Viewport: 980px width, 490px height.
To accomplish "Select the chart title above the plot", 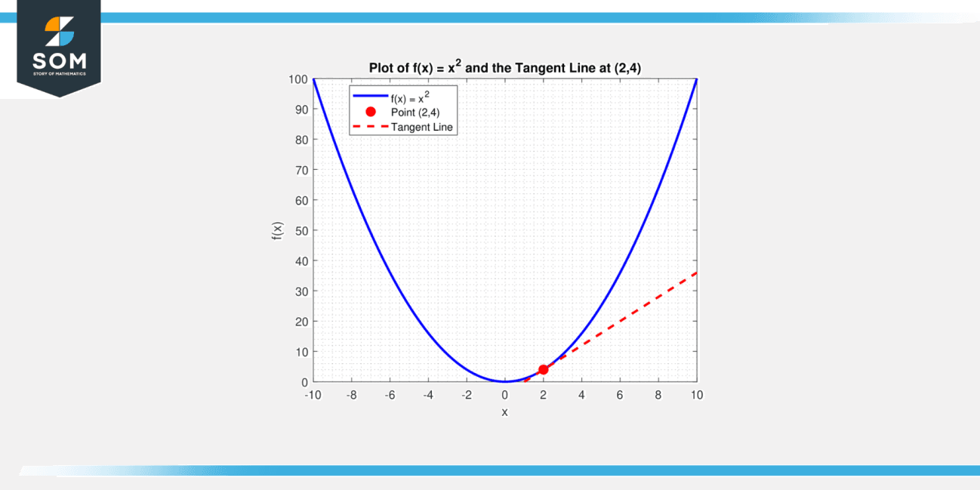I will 504,68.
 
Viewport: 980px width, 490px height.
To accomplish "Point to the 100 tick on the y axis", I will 297,79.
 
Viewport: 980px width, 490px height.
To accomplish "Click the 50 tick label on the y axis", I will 300,230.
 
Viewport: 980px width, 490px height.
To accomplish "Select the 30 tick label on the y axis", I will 300,291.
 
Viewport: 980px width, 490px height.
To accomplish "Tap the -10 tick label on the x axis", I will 312,395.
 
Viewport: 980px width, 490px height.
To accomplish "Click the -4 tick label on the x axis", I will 427,395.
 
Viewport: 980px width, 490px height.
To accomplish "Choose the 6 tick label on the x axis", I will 620,395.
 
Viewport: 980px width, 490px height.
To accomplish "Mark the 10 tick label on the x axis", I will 696,395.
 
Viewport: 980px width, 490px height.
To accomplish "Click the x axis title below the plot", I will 504,411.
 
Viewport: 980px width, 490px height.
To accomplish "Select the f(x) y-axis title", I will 277,231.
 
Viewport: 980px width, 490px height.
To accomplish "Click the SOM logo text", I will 59,60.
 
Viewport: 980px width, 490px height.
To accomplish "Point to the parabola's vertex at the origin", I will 504,381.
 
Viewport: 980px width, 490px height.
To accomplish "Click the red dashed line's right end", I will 695,273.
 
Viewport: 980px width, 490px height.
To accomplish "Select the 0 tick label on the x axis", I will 505,395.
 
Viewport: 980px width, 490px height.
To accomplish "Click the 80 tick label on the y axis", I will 300,140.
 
